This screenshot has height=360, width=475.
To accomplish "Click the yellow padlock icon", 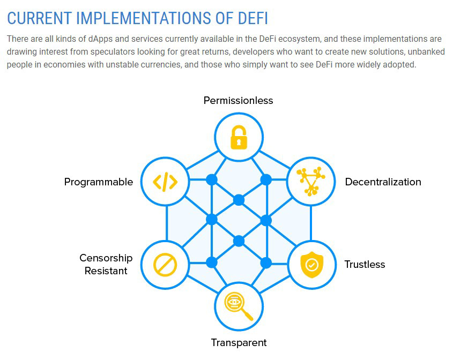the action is click(x=239, y=137).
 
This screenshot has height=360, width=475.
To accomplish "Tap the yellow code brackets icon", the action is click(x=165, y=182).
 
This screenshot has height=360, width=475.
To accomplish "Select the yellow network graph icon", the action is click(x=311, y=181).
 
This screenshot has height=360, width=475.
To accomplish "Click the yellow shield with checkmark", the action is click(x=311, y=265).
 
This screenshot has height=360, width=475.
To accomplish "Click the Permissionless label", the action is click(x=238, y=100).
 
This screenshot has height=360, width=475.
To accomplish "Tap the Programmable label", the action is click(x=99, y=182).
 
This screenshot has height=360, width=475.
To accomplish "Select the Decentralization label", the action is click(x=383, y=182).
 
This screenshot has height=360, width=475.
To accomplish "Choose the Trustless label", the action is click(x=365, y=265).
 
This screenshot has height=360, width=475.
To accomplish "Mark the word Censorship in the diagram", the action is click(x=106, y=258).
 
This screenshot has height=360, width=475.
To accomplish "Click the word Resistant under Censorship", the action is click(x=106, y=271).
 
